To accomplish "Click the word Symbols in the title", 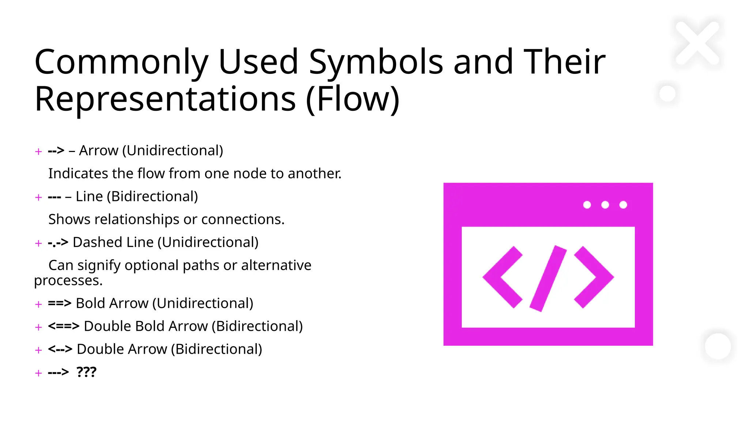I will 376,62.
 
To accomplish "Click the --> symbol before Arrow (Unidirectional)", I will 56,151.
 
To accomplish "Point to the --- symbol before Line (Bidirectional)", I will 54,197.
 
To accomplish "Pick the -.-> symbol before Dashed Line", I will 58,243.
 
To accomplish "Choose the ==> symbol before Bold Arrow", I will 59,303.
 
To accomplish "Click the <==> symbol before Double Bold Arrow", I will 63,326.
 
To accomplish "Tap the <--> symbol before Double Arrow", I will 60,349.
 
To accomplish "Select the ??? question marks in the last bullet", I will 86,372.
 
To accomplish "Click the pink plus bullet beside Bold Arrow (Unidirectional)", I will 38,304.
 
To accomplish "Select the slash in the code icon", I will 548,278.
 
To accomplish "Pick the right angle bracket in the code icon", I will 594,277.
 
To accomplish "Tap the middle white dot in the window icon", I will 605,205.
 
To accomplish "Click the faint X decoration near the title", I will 697,43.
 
